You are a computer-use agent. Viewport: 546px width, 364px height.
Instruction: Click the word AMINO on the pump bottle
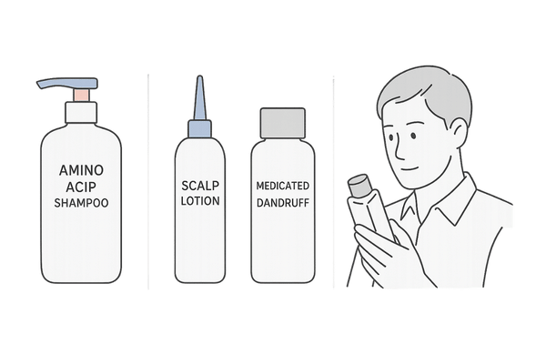tap(81, 170)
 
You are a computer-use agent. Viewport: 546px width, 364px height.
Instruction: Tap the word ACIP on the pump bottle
tap(81, 187)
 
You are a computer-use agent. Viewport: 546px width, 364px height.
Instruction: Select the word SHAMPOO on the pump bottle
tap(81, 203)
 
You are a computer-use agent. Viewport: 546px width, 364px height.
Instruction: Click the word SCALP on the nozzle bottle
tap(200, 186)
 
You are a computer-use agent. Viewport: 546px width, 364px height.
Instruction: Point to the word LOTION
tap(200, 201)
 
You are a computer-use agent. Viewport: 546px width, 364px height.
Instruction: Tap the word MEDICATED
tap(283, 186)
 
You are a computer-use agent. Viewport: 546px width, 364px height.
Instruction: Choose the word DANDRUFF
tap(283, 203)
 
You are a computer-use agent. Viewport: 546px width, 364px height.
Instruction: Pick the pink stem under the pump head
tap(81, 95)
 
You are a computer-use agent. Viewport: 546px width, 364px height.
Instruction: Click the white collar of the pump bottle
tap(81, 112)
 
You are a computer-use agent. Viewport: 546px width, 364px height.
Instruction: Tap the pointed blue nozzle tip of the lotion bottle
tap(200, 98)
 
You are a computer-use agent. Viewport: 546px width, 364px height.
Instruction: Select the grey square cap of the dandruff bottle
tap(283, 123)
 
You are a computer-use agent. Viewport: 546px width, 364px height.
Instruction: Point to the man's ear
tap(460, 133)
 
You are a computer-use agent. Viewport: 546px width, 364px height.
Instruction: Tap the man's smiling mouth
tap(409, 169)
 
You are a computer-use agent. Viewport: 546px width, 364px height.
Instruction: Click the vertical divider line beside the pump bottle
tap(148, 181)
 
